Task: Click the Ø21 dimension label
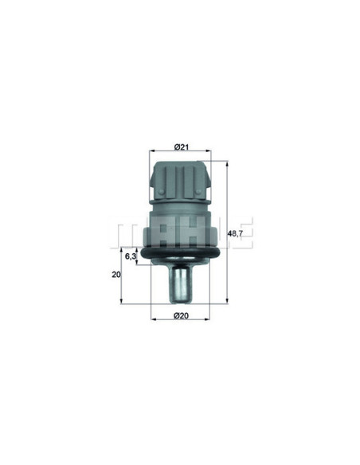(x=181, y=147)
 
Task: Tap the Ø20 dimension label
(x=181, y=316)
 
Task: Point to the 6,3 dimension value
(x=131, y=256)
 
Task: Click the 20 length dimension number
(x=116, y=275)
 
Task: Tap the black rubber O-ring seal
(x=180, y=253)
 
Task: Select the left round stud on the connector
(x=162, y=192)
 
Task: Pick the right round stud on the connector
(x=198, y=192)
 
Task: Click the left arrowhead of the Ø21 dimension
(x=152, y=151)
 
